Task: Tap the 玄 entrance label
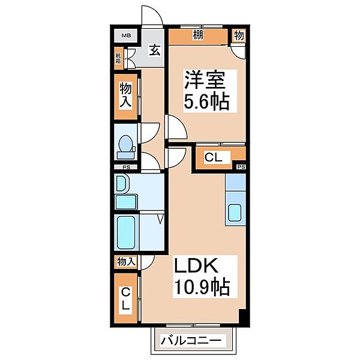tap(155, 50)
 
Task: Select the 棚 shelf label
tap(197, 36)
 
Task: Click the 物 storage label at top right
tap(239, 36)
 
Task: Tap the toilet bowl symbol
tap(126, 145)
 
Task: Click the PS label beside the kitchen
tap(241, 167)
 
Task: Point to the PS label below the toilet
tap(126, 167)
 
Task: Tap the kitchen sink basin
tap(236, 212)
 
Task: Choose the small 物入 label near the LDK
tap(126, 262)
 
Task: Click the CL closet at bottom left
tap(126, 299)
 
